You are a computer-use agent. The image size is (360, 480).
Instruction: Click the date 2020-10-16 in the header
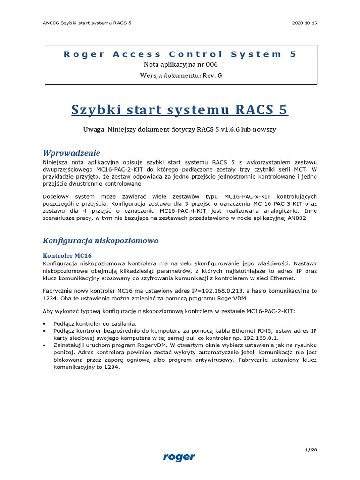click(304, 22)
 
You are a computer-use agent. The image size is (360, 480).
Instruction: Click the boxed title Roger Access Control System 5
click(180, 54)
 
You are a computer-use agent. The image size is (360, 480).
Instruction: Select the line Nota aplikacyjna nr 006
click(180, 65)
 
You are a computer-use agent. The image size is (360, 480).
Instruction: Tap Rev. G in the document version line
click(212, 75)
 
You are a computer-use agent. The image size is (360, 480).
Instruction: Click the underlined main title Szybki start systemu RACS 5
click(180, 110)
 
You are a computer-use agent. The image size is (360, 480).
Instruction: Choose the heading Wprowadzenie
click(71, 153)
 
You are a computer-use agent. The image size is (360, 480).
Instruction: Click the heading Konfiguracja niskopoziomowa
click(100, 240)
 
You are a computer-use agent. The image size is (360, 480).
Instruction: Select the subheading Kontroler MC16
click(67, 255)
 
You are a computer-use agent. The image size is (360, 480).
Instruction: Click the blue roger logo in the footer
click(179, 457)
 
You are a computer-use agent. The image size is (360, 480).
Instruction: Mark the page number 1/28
click(311, 450)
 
